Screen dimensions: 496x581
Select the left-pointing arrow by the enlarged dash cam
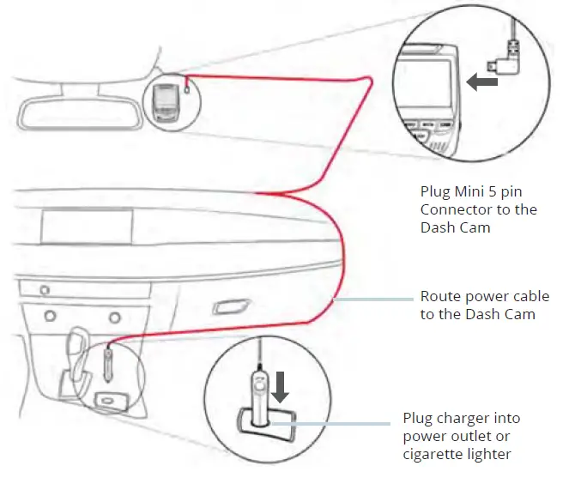pos(481,82)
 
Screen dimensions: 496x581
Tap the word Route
pos(439,296)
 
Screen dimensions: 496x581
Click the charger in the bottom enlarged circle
pos(258,391)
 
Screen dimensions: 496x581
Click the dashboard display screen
pos(86,230)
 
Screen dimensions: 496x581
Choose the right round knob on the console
pos(114,318)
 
